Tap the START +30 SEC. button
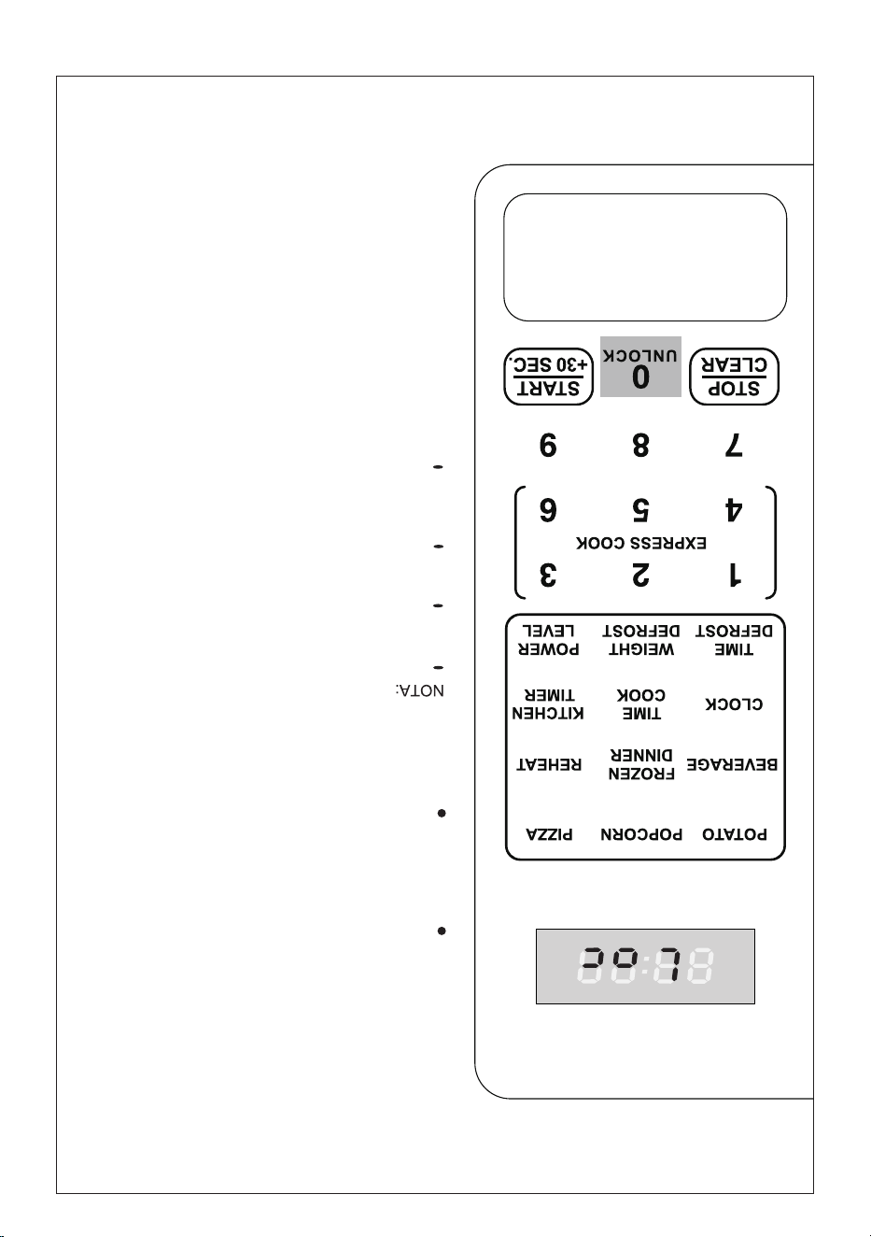click(548, 377)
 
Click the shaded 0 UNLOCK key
click(640, 366)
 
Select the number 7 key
click(734, 445)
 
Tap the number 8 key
click(640, 445)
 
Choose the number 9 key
click(548, 445)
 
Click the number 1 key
click(735, 575)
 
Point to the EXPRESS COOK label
click(640, 543)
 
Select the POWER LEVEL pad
click(549, 639)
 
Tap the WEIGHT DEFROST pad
click(640, 639)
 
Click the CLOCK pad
click(734, 704)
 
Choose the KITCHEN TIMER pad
click(548, 704)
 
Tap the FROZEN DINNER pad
click(641, 764)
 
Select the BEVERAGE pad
click(732, 764)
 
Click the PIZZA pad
click(549, 834)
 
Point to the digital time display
click(645, 966)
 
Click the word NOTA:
click(419, 690)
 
